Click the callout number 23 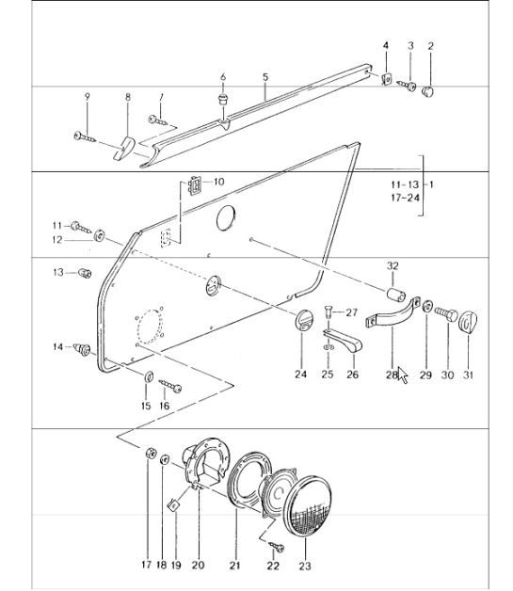coord(305,566)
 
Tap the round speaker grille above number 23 coord(307,505)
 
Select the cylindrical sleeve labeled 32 coord(396,295)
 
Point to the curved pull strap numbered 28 coord(392,313)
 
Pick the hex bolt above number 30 coord(446,314)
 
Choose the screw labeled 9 coord(85,137)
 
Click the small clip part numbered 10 coord(195,185)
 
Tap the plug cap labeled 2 coord(427,91)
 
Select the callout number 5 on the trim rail coord(265,77)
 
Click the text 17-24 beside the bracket coord(405,198)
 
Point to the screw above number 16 coord(170,386)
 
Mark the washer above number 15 coord(149,375)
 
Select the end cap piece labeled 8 coord(124,149)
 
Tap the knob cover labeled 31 coord(468,322)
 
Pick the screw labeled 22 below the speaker coord(276,546)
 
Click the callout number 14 coord(57,346)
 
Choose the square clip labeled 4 coord(387,79)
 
